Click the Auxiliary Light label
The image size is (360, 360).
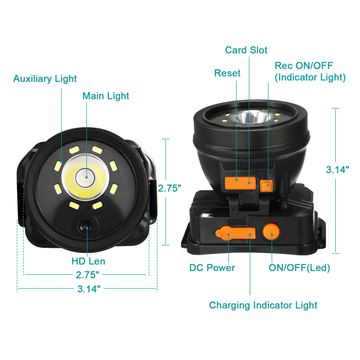[x=45, y=79]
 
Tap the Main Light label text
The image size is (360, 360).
[x=106, y=96]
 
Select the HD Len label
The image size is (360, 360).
[x=88, y=261]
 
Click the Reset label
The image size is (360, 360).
[x=227, y=73]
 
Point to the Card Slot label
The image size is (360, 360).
[x=246, y=50]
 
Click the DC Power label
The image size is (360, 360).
[x=212, y=267]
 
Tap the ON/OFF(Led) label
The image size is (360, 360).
[x=299, y=267]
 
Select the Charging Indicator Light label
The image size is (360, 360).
[x=263, y=305]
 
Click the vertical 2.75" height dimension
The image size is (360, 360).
[x=169, y=188]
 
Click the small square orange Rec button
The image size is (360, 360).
[x=266, y=186]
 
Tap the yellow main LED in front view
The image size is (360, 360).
[x=85, y=178]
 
